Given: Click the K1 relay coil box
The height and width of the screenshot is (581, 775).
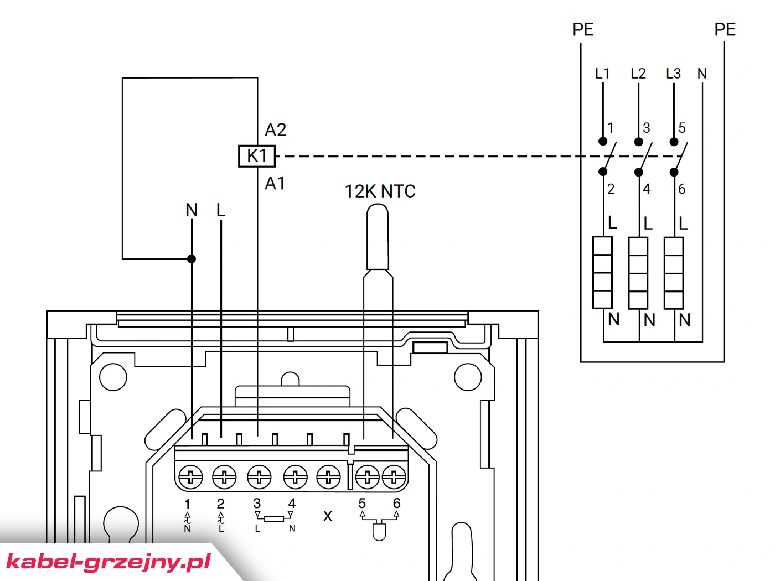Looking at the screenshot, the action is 257,156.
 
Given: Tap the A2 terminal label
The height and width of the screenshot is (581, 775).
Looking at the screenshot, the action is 275,130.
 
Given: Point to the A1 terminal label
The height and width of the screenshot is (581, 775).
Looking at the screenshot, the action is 275,184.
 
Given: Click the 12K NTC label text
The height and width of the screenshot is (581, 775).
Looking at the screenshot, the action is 380,191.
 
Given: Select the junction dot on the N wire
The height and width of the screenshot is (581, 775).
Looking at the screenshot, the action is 192,259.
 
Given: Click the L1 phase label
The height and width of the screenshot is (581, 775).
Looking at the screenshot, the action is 602,74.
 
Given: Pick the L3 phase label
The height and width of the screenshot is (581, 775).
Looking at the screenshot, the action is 673,74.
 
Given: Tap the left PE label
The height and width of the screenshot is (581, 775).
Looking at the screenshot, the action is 583,30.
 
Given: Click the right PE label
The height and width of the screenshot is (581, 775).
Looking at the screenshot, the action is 725,30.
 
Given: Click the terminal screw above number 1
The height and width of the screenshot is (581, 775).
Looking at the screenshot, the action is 190,478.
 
